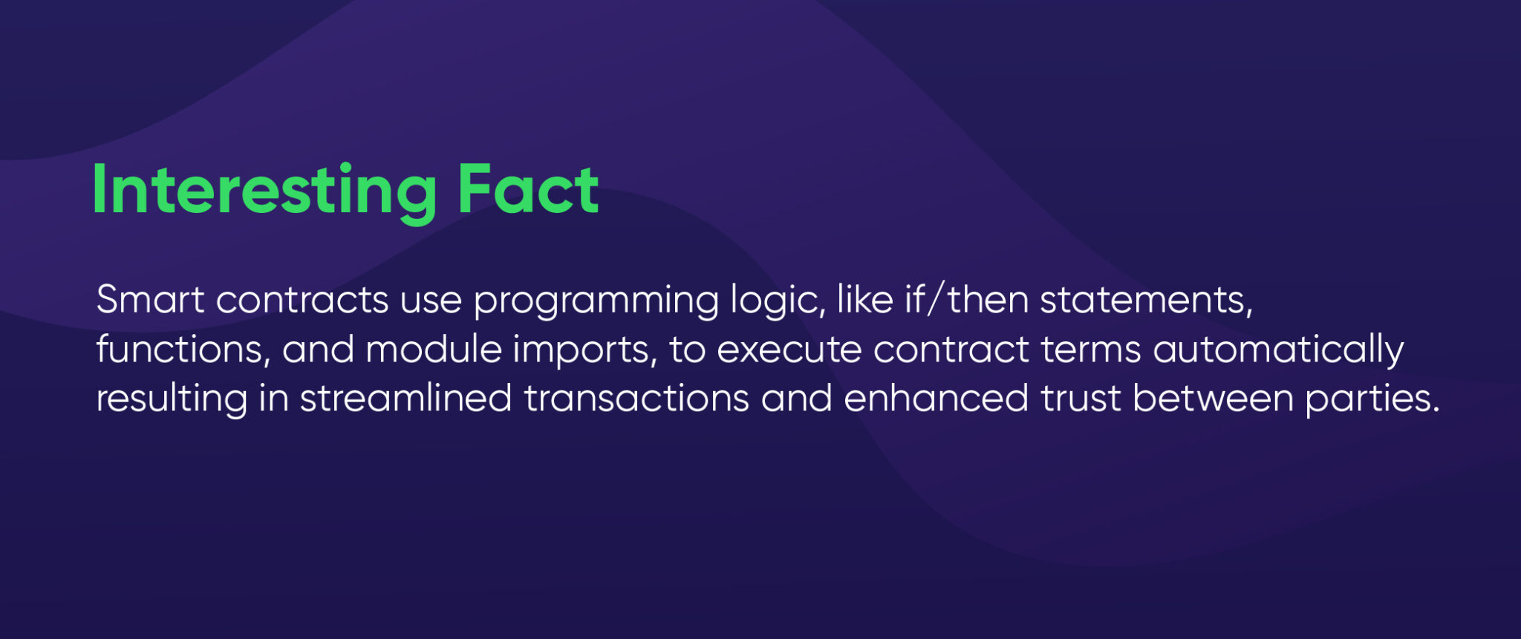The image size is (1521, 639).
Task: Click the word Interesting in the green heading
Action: click(264, 191)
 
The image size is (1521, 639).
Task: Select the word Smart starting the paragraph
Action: click(150, 300)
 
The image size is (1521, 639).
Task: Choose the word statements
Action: click(1146, 300)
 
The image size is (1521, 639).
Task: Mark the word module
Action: click(434, 349)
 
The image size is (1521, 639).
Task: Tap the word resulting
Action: click(172, 399)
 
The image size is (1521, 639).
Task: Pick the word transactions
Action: click(636, 398)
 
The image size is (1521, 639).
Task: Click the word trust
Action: click(1080, 398)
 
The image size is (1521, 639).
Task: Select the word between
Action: click(1213, 398)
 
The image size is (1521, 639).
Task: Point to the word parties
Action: click(1372, 399)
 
